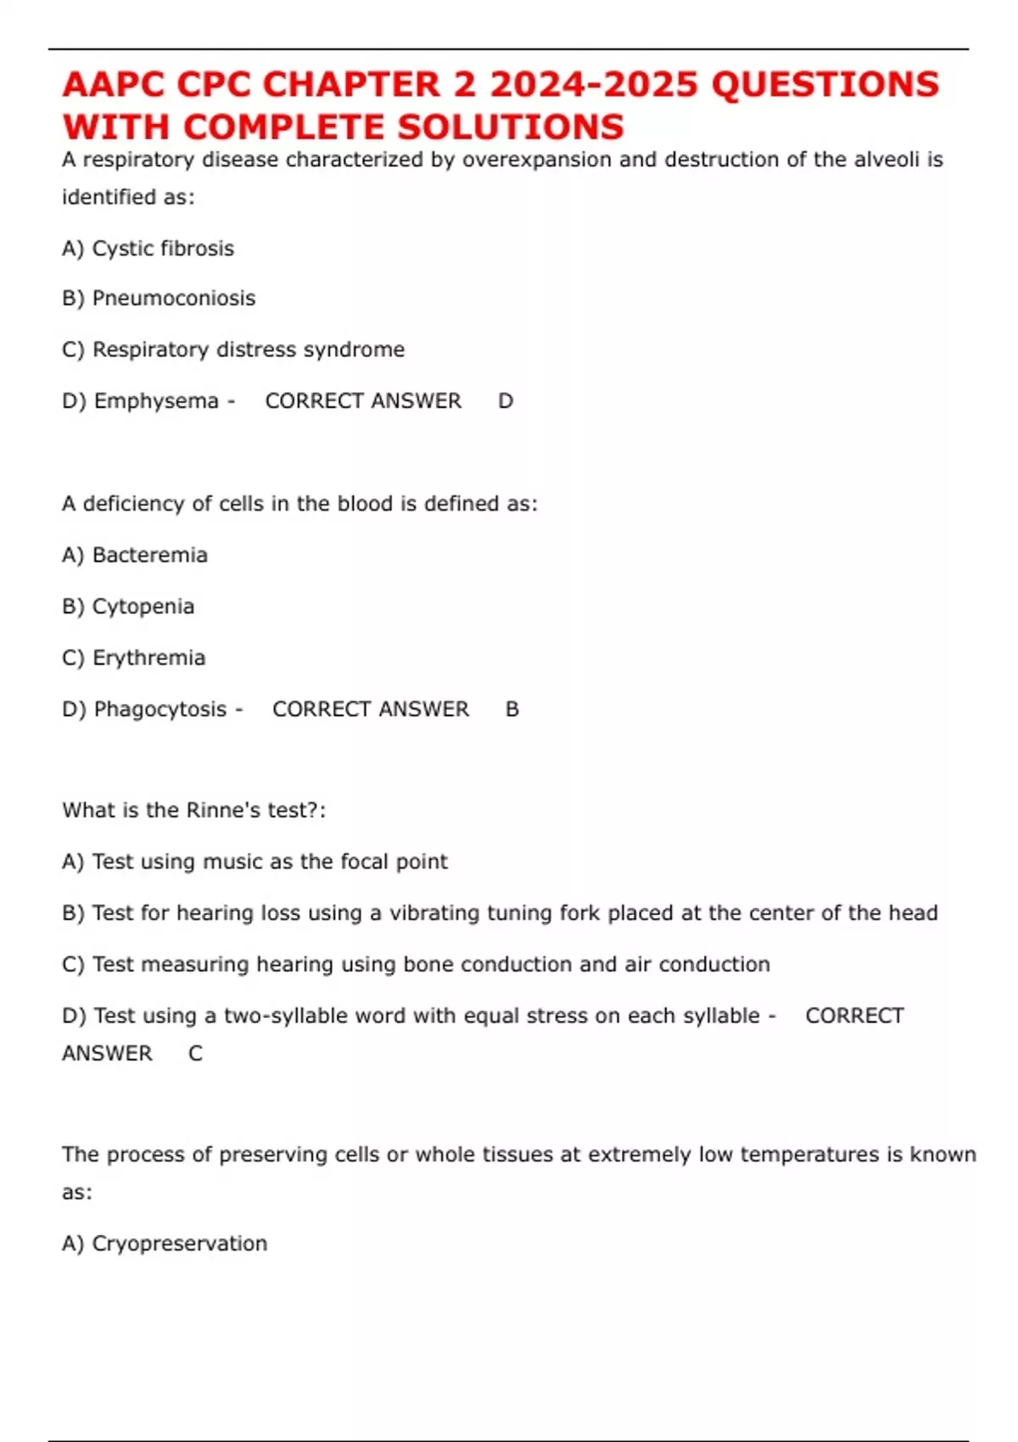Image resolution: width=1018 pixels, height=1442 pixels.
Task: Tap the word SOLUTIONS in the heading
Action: (511, 127)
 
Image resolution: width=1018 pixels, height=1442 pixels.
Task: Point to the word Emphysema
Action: (156, 400)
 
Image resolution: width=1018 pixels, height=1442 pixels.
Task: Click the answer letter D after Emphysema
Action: (506, 401)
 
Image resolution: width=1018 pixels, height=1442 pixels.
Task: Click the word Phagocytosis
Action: (160, 709)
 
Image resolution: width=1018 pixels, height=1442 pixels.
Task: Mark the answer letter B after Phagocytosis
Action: (512, 709)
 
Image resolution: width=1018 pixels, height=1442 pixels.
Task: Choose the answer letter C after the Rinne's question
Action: (196, 1054)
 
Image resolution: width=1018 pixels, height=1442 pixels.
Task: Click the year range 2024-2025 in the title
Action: (594, 85)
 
